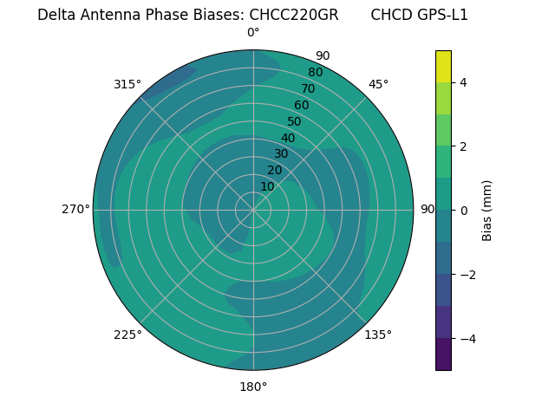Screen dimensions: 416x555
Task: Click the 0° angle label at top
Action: [253, 33]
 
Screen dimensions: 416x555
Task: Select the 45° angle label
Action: [378, 84]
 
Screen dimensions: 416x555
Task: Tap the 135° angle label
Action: [378, 335]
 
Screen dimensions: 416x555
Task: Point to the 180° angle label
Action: [253, 387]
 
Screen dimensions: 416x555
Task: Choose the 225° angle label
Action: [127, 335]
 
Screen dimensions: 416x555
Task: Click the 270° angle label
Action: [76, 209]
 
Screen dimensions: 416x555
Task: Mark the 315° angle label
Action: [127, 84]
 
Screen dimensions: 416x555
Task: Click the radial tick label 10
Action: [267, 186]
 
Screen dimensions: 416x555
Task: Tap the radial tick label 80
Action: [315, 73]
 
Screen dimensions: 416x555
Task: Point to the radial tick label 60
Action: [301, 105]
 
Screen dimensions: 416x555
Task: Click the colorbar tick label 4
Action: [463, 82]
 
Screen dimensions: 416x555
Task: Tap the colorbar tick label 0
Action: [463, 211]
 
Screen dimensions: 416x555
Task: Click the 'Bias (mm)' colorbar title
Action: [487, 211]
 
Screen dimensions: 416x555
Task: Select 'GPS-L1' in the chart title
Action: [443, 15]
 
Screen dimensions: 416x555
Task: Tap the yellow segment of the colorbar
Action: [443, 66]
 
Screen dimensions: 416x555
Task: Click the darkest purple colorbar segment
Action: [443, 354]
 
